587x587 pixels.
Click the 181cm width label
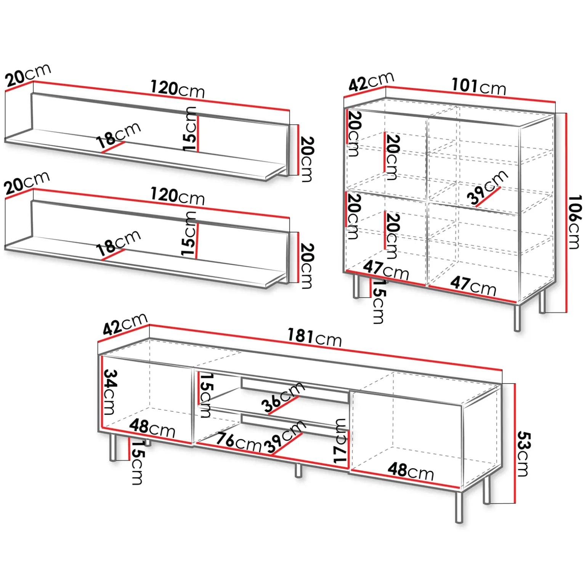314,337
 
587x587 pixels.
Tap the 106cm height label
575,222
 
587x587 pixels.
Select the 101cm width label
479,87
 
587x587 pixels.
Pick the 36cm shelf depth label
283,398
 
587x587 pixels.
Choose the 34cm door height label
110,391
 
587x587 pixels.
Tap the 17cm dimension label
340,441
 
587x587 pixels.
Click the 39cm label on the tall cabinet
488,188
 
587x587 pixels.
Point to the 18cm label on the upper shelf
119,135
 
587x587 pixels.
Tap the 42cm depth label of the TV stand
125,324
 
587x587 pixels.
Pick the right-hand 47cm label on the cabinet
473,286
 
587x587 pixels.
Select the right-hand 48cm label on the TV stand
411,472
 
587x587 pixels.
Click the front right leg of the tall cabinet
517,317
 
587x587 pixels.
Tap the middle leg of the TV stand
298,470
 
